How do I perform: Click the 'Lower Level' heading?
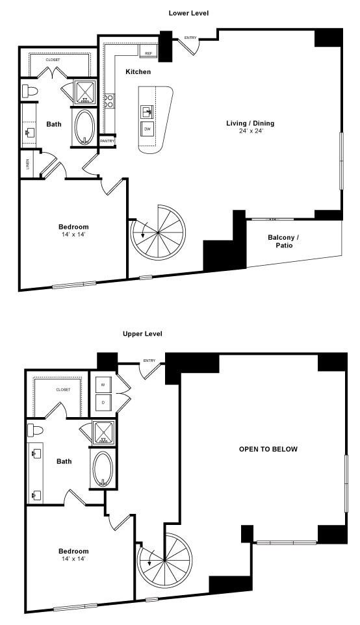188,13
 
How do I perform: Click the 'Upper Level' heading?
142,333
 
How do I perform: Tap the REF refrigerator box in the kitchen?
148,53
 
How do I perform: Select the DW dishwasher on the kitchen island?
148,129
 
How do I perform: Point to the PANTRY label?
107,140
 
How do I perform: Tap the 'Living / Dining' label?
250,123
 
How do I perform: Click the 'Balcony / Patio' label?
283,241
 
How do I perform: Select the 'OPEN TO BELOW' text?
268,449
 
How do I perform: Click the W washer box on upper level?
103,385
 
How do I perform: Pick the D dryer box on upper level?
103,403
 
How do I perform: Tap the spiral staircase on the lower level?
158,233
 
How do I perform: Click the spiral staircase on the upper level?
165,560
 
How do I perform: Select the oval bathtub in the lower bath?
84,127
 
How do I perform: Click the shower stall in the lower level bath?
84,92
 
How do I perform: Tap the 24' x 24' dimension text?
250,131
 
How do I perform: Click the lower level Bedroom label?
73,227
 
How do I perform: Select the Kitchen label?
138,71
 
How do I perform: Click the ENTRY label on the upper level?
149,361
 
